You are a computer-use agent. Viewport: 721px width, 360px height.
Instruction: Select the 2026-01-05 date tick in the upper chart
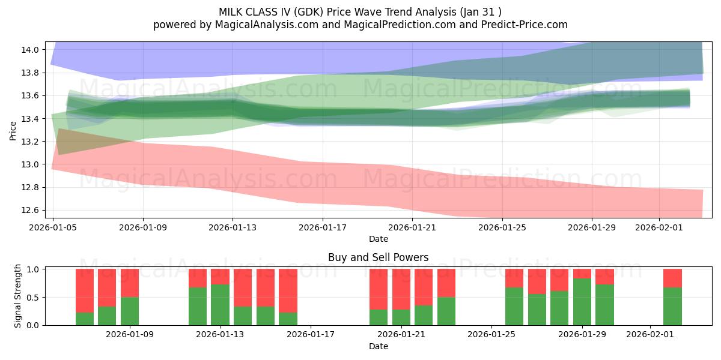coord(53,227)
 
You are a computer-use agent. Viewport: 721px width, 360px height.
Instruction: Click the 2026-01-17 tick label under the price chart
coord(323,227)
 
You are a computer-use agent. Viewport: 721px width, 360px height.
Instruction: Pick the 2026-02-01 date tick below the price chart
coord(659,227)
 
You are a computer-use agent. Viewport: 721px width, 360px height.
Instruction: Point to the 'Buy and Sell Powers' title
coord(378,257)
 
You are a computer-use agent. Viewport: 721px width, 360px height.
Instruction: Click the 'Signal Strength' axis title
coord(18,295)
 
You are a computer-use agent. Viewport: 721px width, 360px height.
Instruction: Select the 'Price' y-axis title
coord(13,130)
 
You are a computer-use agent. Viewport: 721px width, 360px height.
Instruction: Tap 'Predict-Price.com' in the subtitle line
coord(526,25)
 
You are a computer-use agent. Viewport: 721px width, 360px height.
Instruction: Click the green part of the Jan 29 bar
coord(582,302)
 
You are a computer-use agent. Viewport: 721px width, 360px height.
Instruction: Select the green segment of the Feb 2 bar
coord(672,306)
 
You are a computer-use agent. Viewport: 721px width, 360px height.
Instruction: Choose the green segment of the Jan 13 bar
coord(221,305)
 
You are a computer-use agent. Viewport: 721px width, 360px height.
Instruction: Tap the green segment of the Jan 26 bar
coord(514,306)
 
